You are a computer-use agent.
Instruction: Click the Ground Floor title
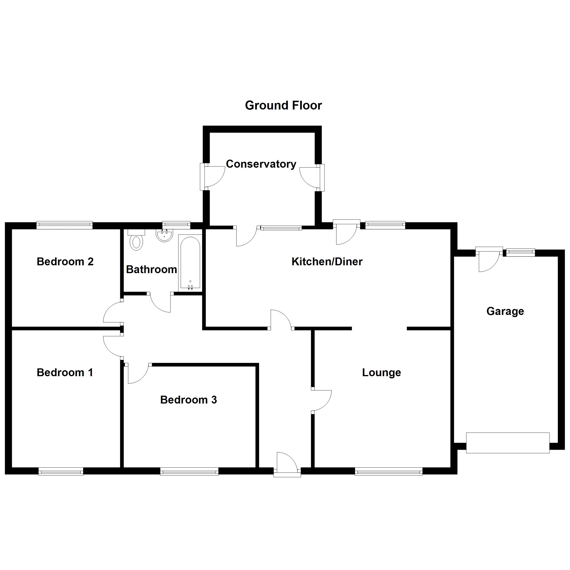(x=283, y=105)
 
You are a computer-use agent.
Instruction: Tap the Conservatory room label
(x=261, y=164)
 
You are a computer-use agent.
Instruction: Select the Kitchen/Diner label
(x=327, y=262)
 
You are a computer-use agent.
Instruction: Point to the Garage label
(x=505, y=311)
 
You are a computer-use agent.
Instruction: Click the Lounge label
(x=381, y=373)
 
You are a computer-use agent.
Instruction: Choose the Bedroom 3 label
(x=189, y=400)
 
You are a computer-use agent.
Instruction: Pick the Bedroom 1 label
(x=65, y=373)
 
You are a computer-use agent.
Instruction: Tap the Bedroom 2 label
(x=65, y=262)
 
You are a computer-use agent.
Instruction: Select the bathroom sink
(x=164, y=235)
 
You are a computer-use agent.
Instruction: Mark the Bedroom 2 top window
(x=65, y=225)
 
